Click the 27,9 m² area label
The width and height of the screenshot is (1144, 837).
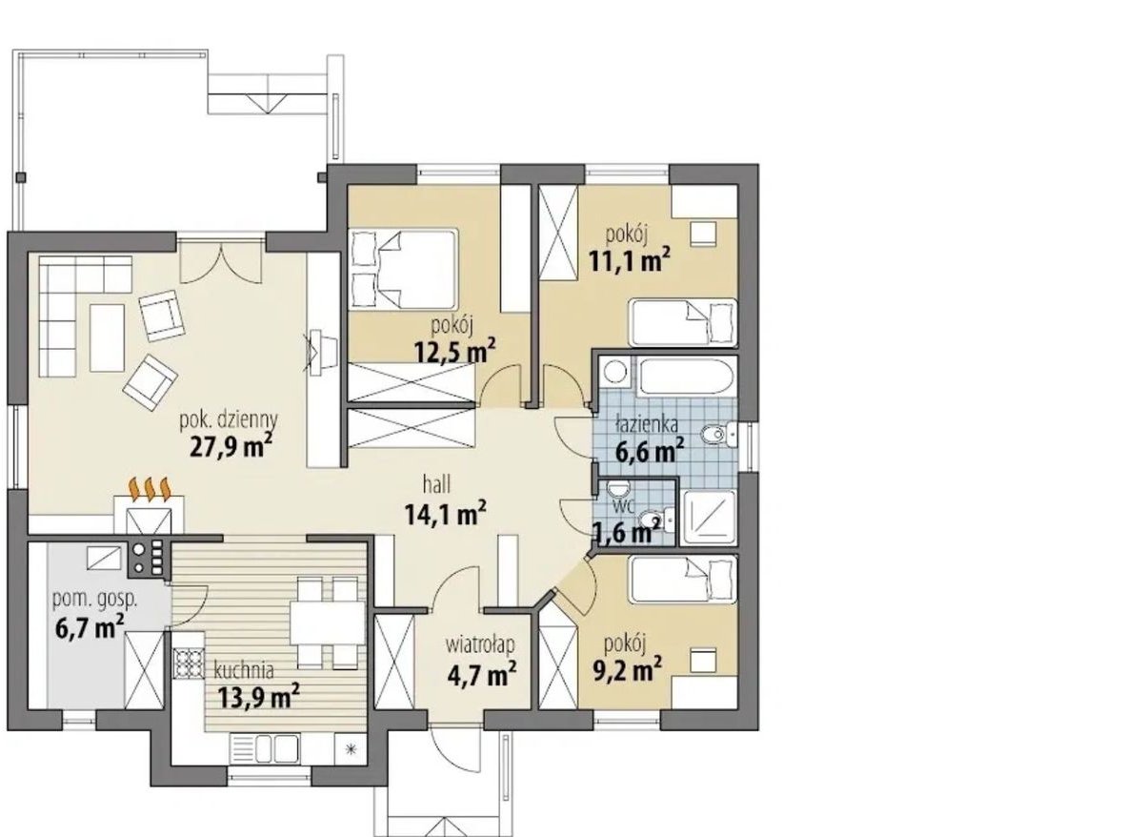coord(231,446)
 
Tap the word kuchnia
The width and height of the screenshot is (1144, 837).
coord(244,670)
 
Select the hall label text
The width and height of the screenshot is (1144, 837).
coord(436,484)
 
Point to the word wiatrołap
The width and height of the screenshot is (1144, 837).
coord(480,646)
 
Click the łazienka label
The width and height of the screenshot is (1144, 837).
coord(647,424)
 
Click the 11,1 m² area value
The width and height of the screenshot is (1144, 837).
coord(630,260)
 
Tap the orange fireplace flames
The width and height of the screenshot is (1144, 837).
coord(150,489)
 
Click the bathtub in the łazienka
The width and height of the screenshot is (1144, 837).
coord(687,377)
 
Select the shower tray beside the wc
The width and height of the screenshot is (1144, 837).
coord(709,517)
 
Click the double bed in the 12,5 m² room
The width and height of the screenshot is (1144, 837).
coord(402,269)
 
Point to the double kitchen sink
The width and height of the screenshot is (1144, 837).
coord(265,749)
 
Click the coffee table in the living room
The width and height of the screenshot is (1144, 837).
coord(108,337)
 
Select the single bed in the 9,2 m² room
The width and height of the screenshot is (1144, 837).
coord(684,580)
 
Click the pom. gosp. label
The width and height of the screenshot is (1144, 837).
coord(95,600)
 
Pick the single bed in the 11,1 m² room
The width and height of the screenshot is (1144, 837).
coord(683,323)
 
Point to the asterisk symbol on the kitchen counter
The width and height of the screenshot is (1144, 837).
coord(351,749)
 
